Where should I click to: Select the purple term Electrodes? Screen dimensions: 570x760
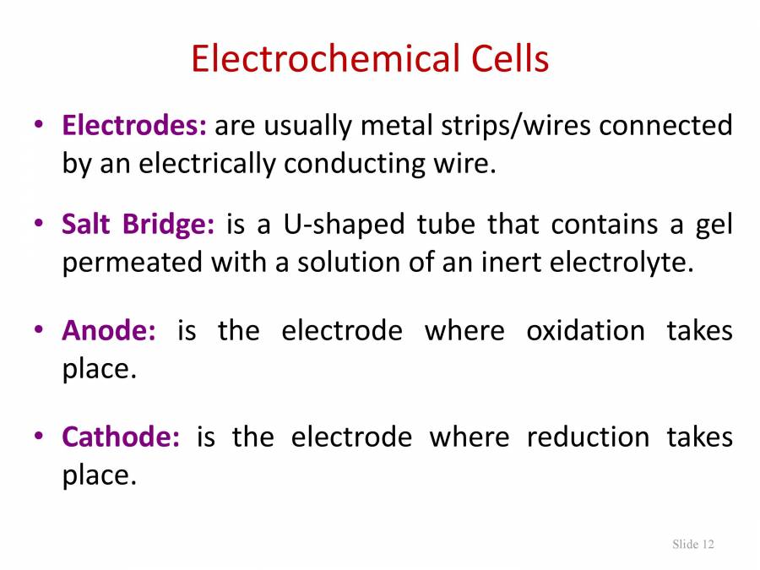tap(134, 126)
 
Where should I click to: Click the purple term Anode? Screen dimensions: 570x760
tap(109, 330)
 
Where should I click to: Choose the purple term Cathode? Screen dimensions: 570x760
tap(121, 437)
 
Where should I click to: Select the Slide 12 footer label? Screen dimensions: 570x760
tap(693, 544)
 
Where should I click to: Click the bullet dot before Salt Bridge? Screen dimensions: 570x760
tap(39, 225)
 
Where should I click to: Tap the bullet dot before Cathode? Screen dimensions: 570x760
tap(39, 437)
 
